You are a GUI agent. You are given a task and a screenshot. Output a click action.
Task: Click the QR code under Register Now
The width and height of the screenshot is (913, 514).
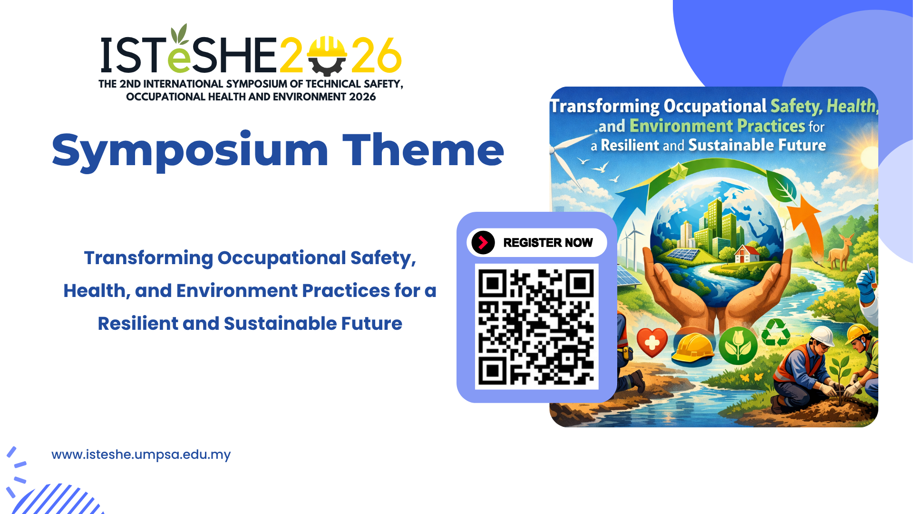tap(536, 326)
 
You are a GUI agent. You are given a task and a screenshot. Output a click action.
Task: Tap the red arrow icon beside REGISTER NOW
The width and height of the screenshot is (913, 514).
tap(483, 243)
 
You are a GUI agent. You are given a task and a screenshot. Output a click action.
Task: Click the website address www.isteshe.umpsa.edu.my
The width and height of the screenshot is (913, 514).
tap(141, 455)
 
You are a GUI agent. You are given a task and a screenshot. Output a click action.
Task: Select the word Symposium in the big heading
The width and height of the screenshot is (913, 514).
tap(190, 151)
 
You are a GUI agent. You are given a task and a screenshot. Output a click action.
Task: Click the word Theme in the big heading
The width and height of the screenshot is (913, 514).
tap(423, 150)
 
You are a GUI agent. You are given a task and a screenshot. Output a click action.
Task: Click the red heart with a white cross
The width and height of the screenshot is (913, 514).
tap(652, 341)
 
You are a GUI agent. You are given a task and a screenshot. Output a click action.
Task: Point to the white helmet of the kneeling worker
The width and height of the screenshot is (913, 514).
tap(823, 336)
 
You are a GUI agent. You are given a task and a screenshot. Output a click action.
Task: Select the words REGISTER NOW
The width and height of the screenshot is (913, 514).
tap(548, 243)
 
